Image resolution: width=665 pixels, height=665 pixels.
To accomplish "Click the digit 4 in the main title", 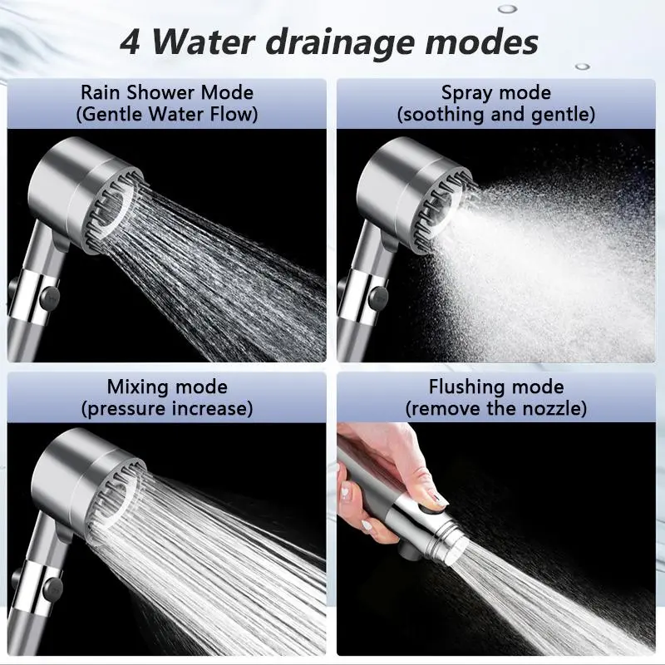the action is coord(130,42).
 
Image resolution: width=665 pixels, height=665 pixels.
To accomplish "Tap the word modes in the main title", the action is coord(482,42).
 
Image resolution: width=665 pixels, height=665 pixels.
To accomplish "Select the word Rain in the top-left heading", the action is coord(101,92).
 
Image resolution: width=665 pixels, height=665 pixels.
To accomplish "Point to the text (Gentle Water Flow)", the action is coord(167,114).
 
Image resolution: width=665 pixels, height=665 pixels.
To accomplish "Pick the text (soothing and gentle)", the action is coord(496,115).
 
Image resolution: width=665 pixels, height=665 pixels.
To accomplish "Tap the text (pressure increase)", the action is coord(167,408).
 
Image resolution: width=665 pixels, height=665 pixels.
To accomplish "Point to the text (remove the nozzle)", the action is coord(496,408).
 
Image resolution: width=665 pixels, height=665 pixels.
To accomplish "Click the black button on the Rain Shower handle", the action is coord(50,298).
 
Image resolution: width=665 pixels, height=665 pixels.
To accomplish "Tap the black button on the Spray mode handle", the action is coord(378,298).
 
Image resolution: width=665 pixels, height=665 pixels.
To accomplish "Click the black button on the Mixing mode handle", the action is coord(52,589).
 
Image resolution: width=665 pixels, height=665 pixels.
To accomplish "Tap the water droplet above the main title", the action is coord(508,8).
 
